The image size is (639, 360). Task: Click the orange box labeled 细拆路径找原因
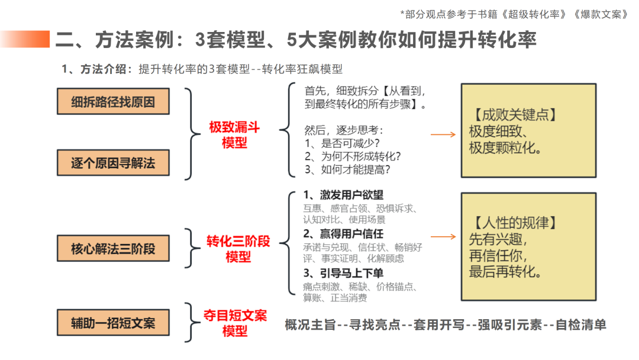tap(113, 101)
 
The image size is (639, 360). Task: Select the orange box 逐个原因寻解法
tap(113, 163)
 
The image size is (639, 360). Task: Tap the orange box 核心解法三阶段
tap(113, 248)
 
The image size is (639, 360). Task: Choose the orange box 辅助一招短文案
tap(113, 323)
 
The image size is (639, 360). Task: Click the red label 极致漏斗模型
tap(234, 135)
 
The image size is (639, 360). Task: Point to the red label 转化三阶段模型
tap(238, 249)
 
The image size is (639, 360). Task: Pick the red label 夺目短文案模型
tap(235, 323)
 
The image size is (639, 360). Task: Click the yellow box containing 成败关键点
tap(528, 131)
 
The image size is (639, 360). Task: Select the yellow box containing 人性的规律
tap(528, 247)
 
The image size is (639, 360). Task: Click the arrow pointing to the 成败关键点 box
tap(443, 135)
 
